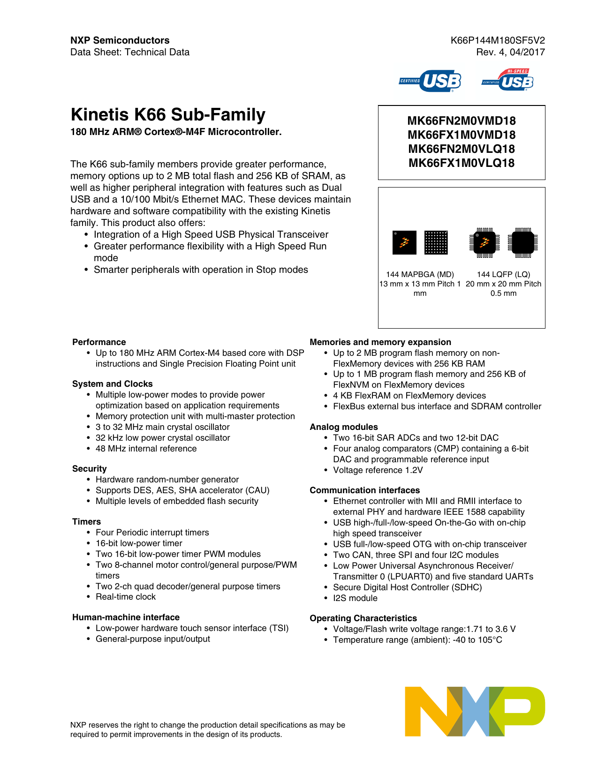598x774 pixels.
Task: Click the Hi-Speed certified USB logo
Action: [x=508, y=81]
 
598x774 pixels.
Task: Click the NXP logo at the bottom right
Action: [x=475, y=711]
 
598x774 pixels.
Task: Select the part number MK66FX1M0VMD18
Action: [x=462, y=135]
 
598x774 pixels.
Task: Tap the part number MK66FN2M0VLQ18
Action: [x=462, y=149]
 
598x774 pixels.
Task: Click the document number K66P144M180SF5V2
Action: [x=497, y=40]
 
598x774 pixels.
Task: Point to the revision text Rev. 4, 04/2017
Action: [x=510, y=52]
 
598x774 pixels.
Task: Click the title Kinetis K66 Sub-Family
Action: [x=168, y=115]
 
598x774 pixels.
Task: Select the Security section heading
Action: [x=90, y=469]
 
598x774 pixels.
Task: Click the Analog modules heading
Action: [x=344, y=427]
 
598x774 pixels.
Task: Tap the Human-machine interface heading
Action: [x=126, y=617]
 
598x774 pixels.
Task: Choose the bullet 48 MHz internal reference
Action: [x=146, y=449]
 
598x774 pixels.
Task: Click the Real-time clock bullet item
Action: [x=126, y=597]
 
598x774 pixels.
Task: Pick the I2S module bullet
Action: [x=355, y=598]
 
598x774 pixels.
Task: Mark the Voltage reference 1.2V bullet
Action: [x=378, y=470]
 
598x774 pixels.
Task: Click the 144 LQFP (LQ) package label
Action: [x=503, y=275]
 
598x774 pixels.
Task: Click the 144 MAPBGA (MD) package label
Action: [x=420, y=275]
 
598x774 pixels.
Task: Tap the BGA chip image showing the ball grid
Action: [x=436, y=242]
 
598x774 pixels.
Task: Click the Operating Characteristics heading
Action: [x=363, y=618]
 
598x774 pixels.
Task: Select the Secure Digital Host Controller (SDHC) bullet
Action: [x=407, y=587]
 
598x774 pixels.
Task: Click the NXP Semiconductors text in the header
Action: [x=120, y=40]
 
